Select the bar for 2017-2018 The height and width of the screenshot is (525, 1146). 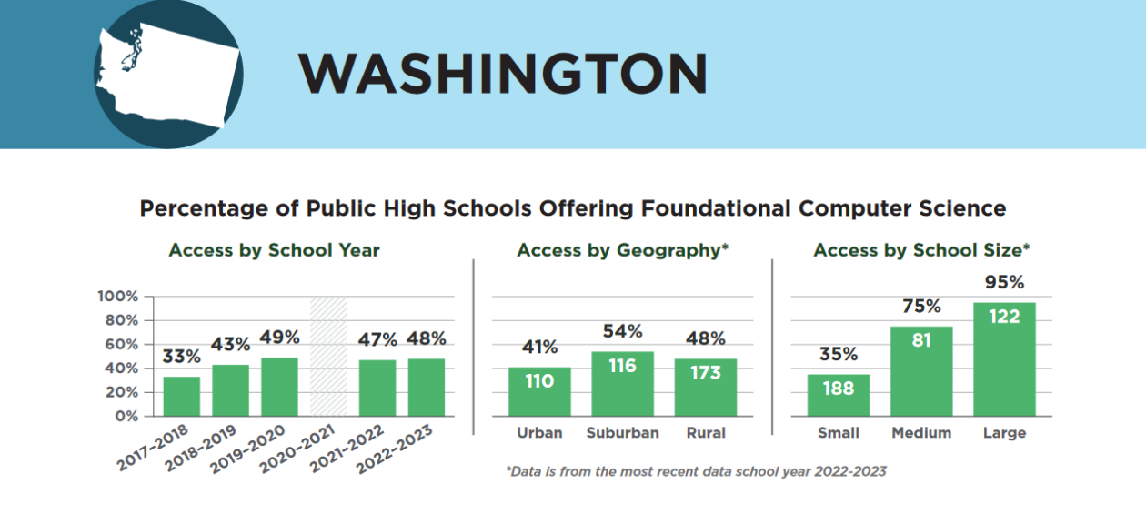[182, 397]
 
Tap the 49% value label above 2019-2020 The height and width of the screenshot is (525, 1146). [279, 338]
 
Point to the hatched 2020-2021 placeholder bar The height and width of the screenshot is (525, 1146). [328, 357]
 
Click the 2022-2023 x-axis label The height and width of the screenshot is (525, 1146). [395, 449]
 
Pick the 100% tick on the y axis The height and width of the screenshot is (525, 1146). [118, 297]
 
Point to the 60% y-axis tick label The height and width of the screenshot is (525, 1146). [122, 344]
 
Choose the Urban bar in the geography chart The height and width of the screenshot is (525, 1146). [539, 391]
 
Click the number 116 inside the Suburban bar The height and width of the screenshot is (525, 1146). [623, 366]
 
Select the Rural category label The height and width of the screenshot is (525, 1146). [706, 433]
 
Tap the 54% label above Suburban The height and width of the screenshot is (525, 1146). [623, 331]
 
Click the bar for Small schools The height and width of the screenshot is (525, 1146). [839, 395]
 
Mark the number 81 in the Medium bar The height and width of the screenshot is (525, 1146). [921, 340]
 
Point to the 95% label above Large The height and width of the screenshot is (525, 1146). [1005, 282]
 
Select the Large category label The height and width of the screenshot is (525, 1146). [1005, 433]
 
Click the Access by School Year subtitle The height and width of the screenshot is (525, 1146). [275, 250]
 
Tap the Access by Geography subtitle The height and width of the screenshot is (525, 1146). [623, 250]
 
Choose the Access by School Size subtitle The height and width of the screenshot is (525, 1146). [921, 250]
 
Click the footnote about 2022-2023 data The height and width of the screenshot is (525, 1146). [696, 471]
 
